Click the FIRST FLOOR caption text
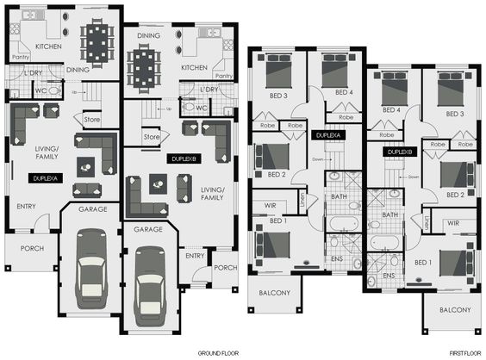(464, 354)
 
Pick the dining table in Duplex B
(143, 64)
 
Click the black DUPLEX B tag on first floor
(402, 152)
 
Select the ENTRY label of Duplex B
(194, 255)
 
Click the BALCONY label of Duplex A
(273, 293)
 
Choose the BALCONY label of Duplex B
(454, 309)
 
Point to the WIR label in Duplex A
(271, 206)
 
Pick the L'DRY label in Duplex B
(209, 90)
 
